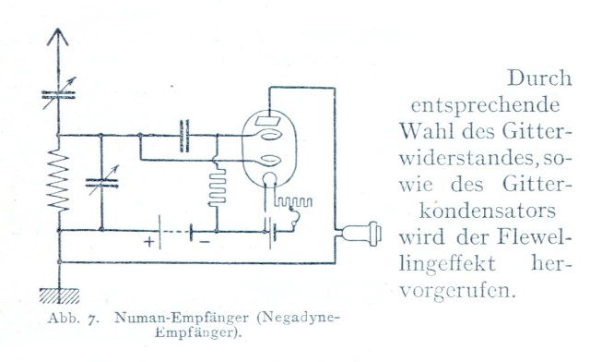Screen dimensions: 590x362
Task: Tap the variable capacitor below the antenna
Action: coord(58,94)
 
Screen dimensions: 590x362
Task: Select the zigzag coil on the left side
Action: coord(58,179)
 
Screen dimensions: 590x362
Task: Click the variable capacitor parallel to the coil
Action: coord(101,183)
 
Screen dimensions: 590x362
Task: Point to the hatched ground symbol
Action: coord(59,296)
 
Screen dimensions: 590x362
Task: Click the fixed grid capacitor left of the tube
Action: coord(184,136)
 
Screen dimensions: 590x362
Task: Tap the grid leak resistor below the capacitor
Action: coord(218,187)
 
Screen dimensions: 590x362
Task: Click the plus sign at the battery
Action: coord(149,241)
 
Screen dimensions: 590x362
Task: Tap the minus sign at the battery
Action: coord(205,242)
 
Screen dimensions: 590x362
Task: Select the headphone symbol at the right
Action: coord(362,234)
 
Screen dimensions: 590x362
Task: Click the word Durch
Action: coord(539,78)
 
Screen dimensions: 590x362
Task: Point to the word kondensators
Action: coord(488,211)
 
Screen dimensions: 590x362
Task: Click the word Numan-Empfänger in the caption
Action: coord(182,318)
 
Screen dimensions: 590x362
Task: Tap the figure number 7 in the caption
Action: coord(91,319)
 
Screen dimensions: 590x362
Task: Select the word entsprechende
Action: coord(486,106)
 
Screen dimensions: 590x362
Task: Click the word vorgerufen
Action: coord(457,291)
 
